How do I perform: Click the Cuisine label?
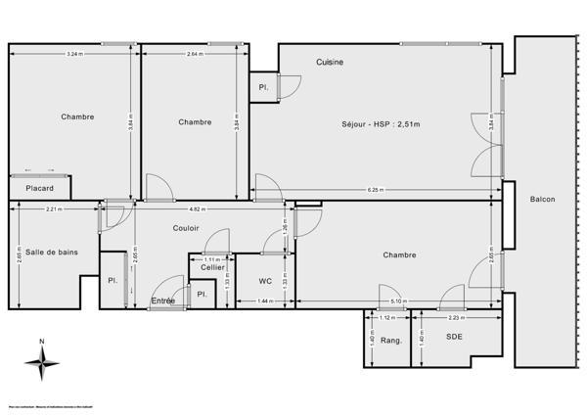330,62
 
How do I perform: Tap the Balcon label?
542,200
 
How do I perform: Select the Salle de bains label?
52,252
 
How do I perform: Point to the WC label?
264,281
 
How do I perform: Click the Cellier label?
212,267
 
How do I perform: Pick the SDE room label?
454,337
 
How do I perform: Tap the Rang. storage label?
391,341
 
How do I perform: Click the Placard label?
40,188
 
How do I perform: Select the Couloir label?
186,228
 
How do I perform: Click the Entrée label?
163,300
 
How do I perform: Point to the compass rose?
41,365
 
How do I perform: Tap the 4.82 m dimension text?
196,208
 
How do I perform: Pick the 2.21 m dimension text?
53,208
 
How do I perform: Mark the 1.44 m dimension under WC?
263,301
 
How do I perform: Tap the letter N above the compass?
41,342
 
